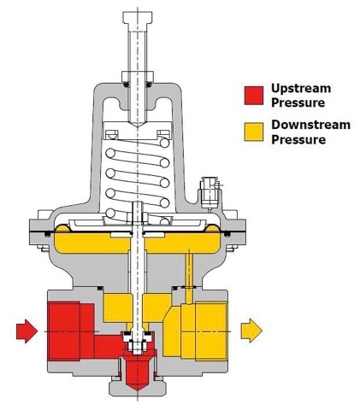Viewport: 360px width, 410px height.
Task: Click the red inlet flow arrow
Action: pos(27,331)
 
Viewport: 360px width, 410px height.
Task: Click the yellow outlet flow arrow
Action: pos(251,331)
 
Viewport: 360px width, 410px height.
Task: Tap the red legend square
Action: pos(254,96)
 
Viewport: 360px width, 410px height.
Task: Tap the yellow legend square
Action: pos(254,132)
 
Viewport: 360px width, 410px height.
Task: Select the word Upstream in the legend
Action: pos(301,89)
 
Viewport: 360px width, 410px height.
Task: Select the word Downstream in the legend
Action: pos(310,125)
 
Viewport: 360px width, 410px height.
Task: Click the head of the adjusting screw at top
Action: pos(137,18)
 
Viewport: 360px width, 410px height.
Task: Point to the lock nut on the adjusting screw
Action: pos(137,76)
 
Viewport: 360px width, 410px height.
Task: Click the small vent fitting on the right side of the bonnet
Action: pos(210,192)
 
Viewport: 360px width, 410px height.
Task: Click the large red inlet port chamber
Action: pos(71,331)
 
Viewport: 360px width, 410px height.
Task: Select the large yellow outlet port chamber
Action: pos(204,331)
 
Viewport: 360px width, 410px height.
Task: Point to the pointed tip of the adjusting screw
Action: pos(138,126)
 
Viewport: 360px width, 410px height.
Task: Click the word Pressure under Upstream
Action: pos(298,102)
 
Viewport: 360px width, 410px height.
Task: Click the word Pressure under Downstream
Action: pos(298,139)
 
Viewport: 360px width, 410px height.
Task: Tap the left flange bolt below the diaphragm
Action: pos(43,249)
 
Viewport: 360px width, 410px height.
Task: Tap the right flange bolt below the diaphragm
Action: pos(232,249)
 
